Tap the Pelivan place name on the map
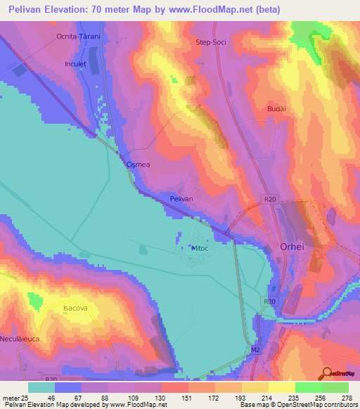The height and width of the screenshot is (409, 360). click(181, 200)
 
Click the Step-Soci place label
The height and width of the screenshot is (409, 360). click(209, 42)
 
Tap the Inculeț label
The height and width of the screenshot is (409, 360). click(75, 63)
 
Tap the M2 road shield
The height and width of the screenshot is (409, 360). click(255, 349)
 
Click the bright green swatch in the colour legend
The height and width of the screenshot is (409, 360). click(308, 387)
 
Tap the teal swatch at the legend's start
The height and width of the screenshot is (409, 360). click(41, 387)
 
